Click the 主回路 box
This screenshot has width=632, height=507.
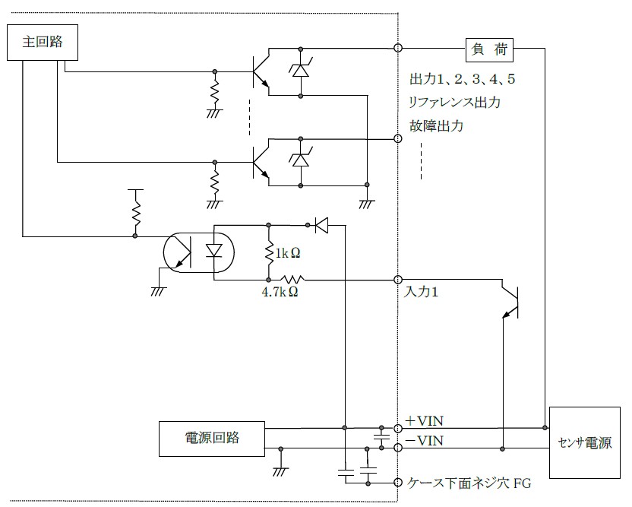pyautogui.click(x=43, y=43)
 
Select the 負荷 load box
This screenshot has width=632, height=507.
pyautogui.click(x=489, y=50)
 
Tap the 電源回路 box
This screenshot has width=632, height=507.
pyautogui.click(x=212, y=437)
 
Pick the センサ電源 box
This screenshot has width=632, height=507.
pyautogui.click(x=585, y=443)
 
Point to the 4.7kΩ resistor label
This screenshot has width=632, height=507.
pyautogui.click(x=279, y=291)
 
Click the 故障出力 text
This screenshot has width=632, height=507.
pyautogui.click(x=435, y=126)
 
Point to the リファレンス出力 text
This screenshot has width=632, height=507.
pyautogui.click(x=453, y=103)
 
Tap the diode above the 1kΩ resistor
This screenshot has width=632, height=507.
pyautogui.click(x=320, y=224)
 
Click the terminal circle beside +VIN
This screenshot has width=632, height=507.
pyautogui.click(x=398, y=427)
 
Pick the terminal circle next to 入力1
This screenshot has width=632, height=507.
pyautogui.click(x=398, y=280)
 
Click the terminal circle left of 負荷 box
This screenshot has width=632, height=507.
pyautogui.click(x=398, y=49)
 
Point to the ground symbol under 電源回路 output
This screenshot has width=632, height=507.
pyautogui.click(x=281, y=468)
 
